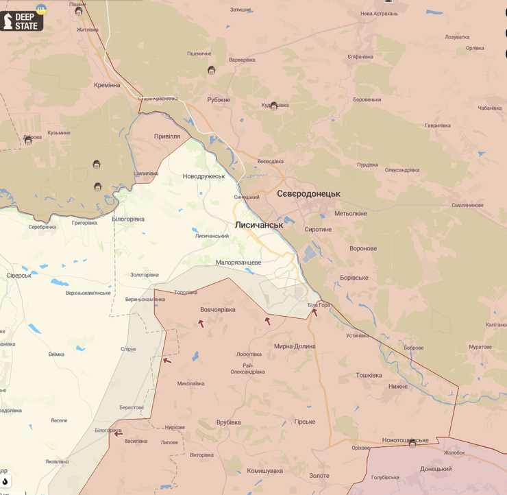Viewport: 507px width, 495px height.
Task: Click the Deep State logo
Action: coord(22,21)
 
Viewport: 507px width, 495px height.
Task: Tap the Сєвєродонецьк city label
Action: coord(308,194)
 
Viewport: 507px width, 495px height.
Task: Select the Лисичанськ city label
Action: coord(258,225)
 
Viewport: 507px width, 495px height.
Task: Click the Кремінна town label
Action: coord(107,85)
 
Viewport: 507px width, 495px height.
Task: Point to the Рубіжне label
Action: coord(219,99)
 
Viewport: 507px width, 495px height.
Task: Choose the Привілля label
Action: coord(167,136)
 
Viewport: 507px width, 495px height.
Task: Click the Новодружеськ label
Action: coord(203,176)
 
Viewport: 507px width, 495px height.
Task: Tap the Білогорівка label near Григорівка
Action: coord(128,219)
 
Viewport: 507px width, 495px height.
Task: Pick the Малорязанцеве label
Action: coord(238,262)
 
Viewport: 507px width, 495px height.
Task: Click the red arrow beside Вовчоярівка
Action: coord(201,324)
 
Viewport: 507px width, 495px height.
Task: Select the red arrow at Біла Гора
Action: coord(314,312)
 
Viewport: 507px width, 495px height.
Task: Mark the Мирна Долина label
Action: coord(295,346)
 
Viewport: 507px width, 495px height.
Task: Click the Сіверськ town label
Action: coord(19,275)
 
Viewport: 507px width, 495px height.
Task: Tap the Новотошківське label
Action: coord(406,440)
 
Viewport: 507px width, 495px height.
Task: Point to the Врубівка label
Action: coord(228,422)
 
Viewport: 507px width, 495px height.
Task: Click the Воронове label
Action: coord(363,248)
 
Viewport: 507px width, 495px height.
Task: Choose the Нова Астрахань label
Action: coord(379,13)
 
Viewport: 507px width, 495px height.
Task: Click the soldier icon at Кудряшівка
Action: coord(273,106)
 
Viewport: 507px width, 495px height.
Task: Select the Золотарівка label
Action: coord(145,275)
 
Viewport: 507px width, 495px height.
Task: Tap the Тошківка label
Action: coord(369,375)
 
